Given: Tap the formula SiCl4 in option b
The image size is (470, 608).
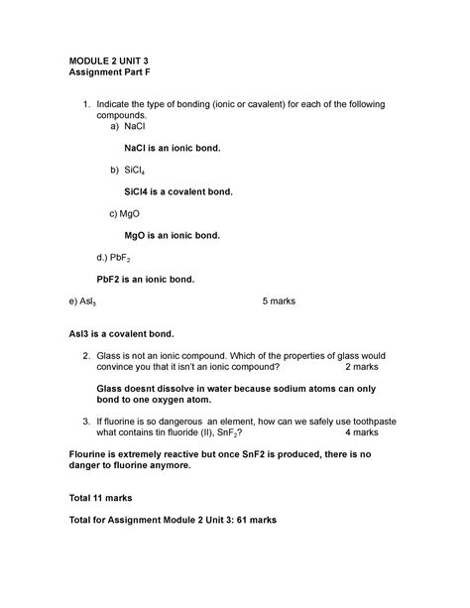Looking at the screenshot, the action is pos(138,171).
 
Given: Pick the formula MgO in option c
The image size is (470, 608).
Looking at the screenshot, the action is pos(133,213).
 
